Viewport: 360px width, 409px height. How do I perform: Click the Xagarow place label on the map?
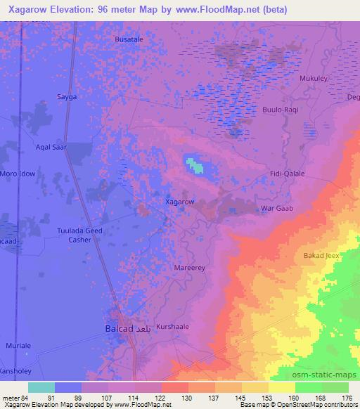[x=179, y=202]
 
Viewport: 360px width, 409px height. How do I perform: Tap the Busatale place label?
[x=129, y=40]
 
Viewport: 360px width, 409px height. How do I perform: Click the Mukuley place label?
[x=313, y=79]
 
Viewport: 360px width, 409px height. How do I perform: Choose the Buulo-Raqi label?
[x=281, y=111]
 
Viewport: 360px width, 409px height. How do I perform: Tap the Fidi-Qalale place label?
[x=286, y=174]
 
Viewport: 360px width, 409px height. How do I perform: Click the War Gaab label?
[x=276, y=208]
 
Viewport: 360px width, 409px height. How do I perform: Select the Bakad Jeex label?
[x=323, y=255]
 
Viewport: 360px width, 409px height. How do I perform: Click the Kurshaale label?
[x=173, y=327]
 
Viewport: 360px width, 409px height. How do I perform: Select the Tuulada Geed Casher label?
[x=79, y=234]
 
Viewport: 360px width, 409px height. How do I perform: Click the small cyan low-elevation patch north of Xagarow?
[x=194, y=166]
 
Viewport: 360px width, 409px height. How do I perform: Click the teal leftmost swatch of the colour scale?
[x=41, y=387]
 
